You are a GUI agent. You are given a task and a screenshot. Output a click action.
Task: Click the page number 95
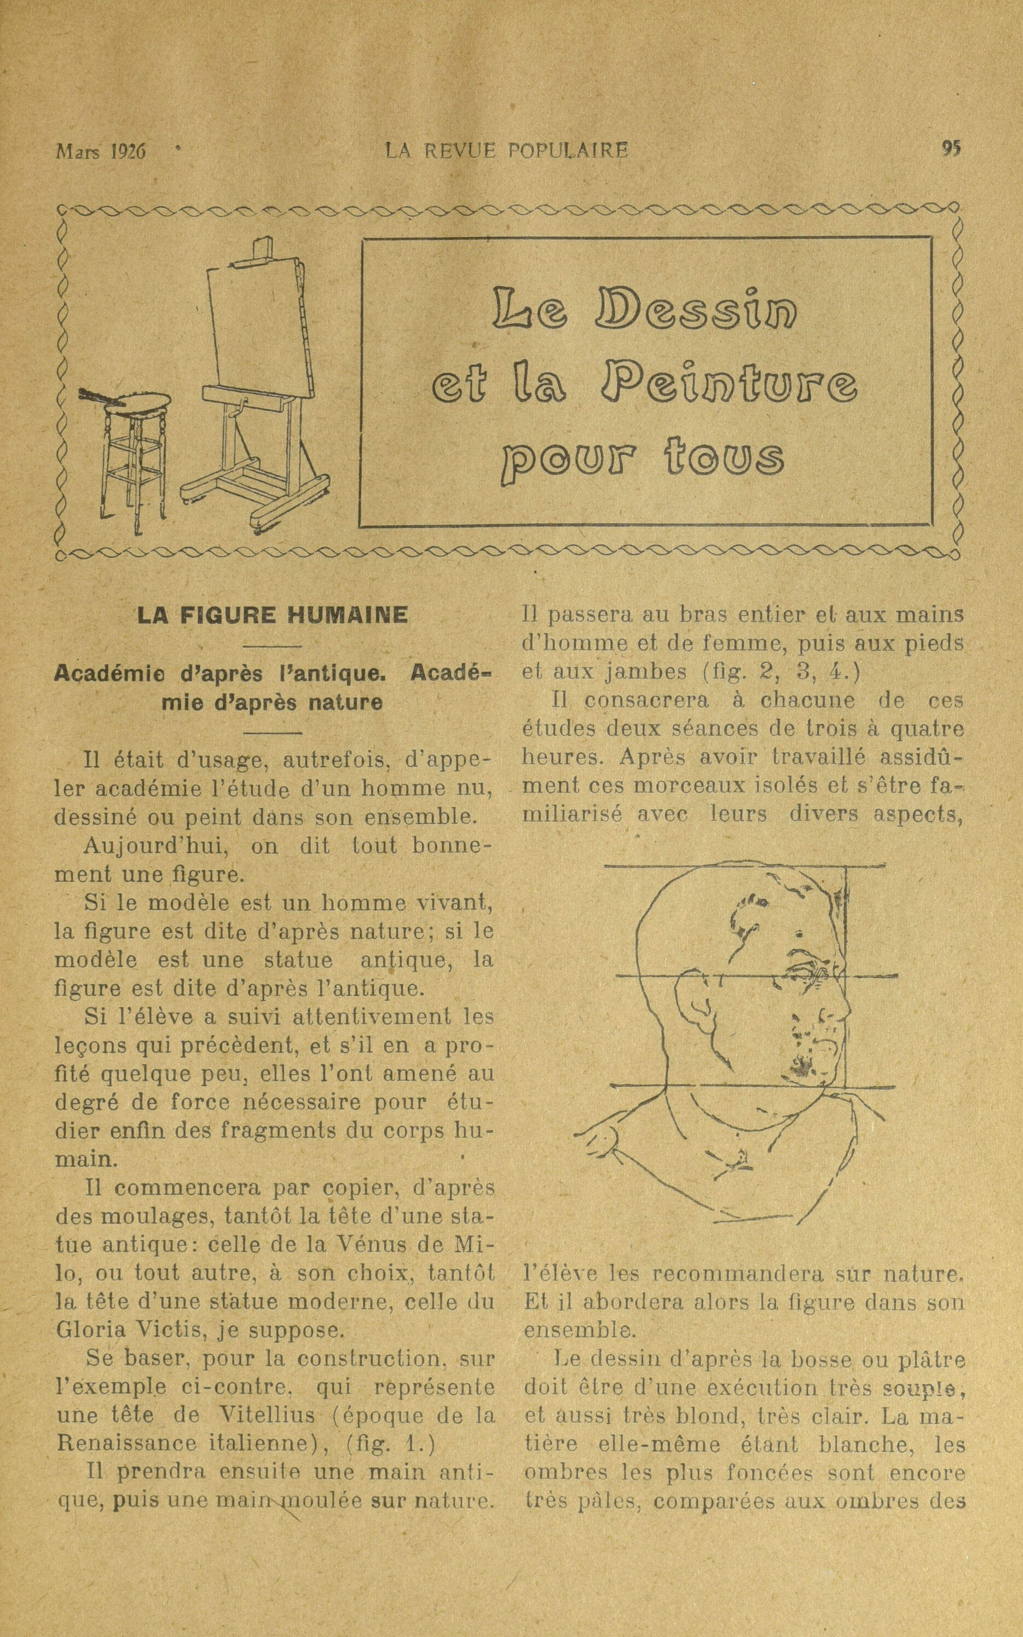(951, 149)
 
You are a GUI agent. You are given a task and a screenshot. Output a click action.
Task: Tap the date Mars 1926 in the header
(101, 151)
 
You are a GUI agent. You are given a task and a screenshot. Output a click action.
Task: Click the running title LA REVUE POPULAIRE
(506, 149)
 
